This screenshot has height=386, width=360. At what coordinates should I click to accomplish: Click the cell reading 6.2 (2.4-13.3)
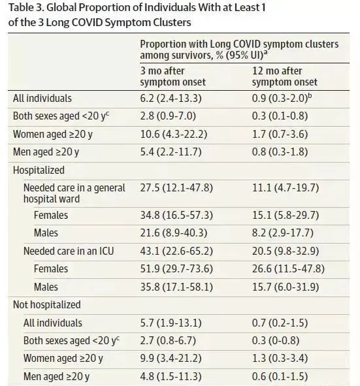click(171, 99)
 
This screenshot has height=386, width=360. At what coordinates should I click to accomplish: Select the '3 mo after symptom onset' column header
click(173, 76)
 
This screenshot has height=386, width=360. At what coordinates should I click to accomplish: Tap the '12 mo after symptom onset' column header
click(285, 76)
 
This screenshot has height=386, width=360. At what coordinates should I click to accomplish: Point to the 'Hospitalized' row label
click(39, 170)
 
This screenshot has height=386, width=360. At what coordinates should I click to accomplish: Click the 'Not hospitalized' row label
click(47, 305)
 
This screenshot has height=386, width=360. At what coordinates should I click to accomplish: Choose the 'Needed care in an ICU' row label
click(69, 251)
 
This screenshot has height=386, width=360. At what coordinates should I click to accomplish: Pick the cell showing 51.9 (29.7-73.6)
click(176, 269)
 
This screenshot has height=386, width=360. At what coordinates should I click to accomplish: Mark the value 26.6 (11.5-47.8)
click(288, 269)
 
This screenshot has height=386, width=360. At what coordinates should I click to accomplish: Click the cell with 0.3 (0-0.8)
click(276, 341)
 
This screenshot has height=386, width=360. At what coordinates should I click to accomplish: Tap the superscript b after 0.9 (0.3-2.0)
click(310, 95)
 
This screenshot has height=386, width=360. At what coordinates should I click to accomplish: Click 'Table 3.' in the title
click(26, 8)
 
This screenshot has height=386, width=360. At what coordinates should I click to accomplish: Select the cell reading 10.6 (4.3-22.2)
click(174, 135)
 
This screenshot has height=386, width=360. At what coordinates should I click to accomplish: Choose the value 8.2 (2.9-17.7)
click(283, 233)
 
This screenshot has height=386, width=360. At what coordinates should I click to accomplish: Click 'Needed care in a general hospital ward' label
click(74, 193)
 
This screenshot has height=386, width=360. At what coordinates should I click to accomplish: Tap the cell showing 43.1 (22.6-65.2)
click(176, 251)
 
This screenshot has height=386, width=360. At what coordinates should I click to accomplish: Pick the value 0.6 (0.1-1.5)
click(280, 377)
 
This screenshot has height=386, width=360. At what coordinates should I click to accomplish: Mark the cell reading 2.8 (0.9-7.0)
click(168, 116)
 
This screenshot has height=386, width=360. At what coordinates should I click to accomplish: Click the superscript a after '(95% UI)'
click(266, 52)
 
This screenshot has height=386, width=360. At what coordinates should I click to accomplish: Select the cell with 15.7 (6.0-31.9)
click(286, 287)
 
